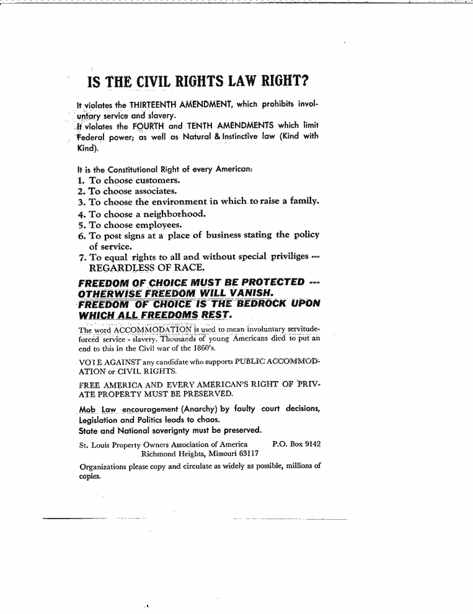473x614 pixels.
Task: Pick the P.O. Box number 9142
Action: (309, 444)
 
